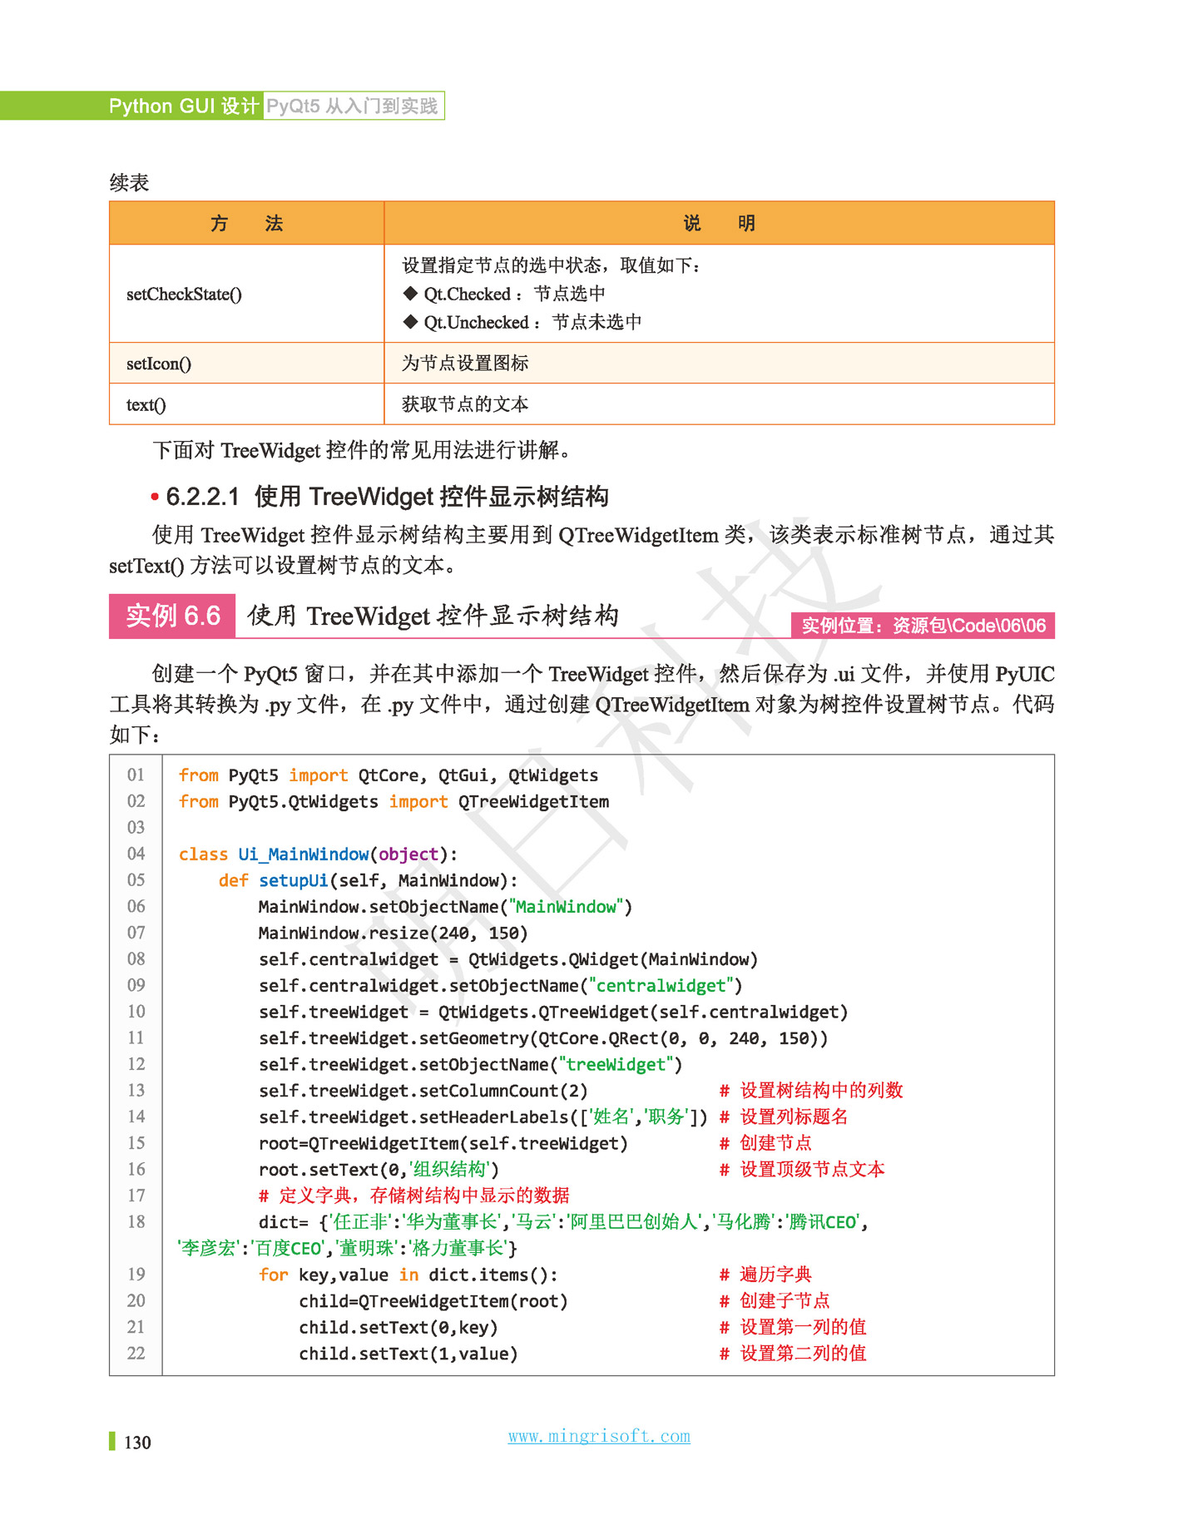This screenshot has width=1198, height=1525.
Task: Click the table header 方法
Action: pos(246,223)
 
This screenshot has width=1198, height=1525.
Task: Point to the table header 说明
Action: pos(719,223)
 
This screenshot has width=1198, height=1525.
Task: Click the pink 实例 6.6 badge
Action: pos(172,616)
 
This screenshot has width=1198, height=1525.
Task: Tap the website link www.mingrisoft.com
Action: pos(599,1436)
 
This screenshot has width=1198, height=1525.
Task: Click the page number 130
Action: pos(137,1443)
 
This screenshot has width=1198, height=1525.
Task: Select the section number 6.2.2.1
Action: pos(202,497)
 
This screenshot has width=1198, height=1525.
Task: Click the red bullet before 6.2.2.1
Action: pos(155,498)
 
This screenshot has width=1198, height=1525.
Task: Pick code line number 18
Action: pos(136,1222)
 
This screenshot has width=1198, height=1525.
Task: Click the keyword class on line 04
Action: pos(203,854)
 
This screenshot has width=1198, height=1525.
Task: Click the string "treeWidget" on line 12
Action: pos(616,1065)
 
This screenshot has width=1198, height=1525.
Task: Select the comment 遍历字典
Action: pos(775,1275)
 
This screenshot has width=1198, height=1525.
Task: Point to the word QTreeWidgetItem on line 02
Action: pos(533,802)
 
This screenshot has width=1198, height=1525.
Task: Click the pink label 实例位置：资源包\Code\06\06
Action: pos(923,626)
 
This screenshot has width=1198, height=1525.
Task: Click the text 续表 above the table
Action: pos(129,183)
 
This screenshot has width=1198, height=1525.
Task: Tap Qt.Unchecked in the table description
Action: pos(476,323)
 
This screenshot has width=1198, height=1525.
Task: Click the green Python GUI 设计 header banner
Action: pos(183,106)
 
